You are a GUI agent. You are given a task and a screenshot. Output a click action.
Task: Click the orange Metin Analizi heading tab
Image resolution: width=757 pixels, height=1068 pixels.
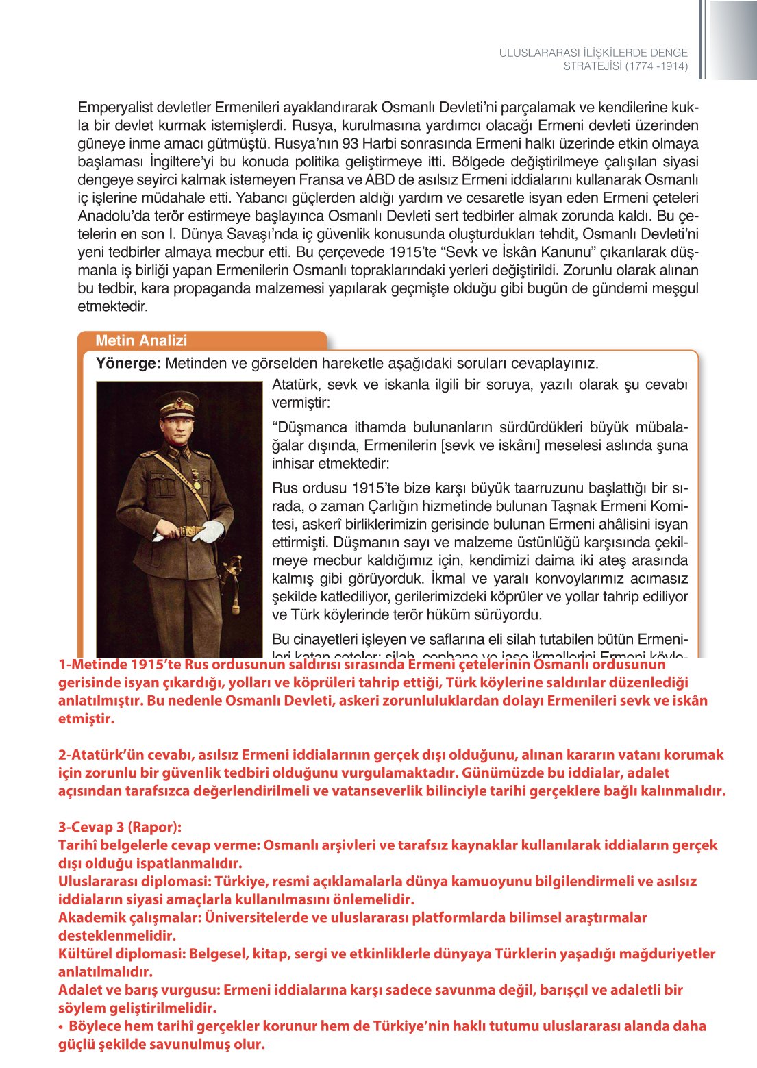click(x=141, y=340)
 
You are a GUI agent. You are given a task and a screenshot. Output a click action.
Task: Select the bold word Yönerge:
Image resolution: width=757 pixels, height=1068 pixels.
click(x=128, y=363)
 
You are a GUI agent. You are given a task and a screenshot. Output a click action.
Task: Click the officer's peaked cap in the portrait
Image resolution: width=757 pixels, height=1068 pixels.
click(x=177, y=404)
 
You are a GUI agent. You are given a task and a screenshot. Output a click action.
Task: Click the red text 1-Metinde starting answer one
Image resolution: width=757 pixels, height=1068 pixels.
click(x=92, y=665)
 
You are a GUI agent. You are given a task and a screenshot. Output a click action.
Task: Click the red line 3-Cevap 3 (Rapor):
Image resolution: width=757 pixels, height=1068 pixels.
click(x=119, y=827)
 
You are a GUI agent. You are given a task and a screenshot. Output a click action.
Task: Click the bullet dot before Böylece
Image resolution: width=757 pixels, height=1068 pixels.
click(x=61, y=1026)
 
